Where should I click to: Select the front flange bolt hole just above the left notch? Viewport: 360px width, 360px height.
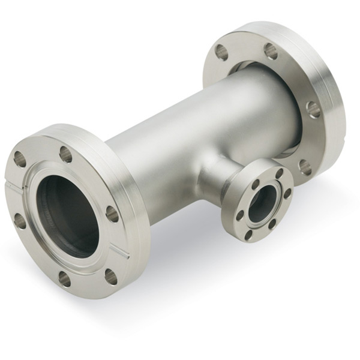point(20,159)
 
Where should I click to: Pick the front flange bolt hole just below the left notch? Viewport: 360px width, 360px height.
point(20,221)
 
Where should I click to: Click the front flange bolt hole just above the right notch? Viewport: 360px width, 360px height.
point(112,214)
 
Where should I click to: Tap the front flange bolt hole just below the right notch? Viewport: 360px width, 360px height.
point(110,277)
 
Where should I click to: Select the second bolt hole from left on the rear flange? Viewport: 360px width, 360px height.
point(271,51)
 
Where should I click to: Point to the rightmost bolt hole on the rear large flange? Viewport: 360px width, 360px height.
point(313,109)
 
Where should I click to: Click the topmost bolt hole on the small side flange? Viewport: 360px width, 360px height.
point(279,173)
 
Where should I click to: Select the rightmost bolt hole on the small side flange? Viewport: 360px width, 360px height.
point(287,193)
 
